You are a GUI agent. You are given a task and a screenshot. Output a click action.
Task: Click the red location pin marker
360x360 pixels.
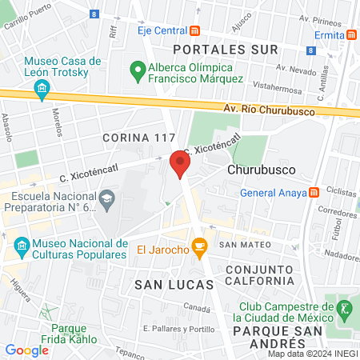[180, 164]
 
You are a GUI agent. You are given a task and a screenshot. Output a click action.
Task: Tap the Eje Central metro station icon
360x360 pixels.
[195, 31]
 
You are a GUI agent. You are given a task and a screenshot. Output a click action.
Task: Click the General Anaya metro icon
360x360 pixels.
[314, 192]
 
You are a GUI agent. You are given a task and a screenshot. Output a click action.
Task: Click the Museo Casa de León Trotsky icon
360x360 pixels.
[42, 96]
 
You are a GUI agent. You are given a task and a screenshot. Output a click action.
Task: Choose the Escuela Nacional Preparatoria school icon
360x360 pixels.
[106, 198]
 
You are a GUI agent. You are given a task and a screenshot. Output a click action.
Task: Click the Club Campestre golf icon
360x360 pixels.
[345, 308]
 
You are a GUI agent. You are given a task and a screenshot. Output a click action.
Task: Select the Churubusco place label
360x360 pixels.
[262, 170]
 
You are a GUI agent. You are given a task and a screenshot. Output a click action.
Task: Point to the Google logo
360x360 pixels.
[27, 350]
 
